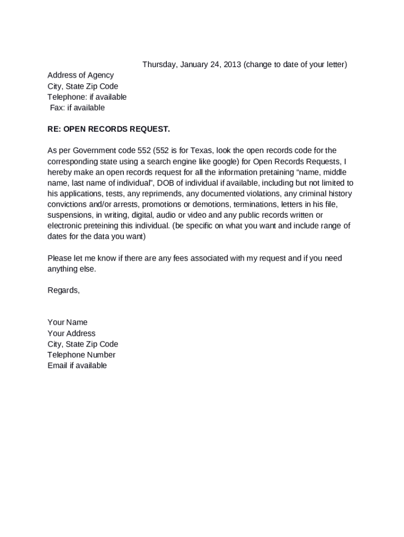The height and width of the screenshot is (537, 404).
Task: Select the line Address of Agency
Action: [x=80, y=75]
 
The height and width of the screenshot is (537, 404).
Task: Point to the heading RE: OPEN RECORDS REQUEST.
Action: [x=109, y=129]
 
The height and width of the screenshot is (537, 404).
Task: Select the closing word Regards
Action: [x=63, y=290]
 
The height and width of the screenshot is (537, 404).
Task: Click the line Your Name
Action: [x=67, y=323]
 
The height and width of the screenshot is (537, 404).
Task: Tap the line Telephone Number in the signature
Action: [x=81, y=355]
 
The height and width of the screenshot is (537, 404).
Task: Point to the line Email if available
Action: [x=77, y=366]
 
